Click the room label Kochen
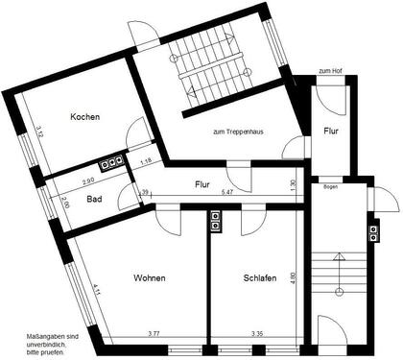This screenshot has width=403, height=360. pos(85,117)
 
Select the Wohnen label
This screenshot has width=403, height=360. pos(149,278)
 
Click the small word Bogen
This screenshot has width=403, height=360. pos(331,185)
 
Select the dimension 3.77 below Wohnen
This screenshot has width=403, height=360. pos(154,333)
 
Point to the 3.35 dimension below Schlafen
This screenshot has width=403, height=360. pos(257,333)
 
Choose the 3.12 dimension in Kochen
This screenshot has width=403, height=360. pos(38,135)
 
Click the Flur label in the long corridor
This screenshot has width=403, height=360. pos(202,183)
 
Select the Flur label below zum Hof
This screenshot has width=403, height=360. pos(331,130)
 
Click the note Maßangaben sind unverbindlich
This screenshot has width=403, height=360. pos(47,340)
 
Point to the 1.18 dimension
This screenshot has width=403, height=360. pos(146,161)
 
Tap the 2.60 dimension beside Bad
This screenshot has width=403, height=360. pos(65,203)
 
